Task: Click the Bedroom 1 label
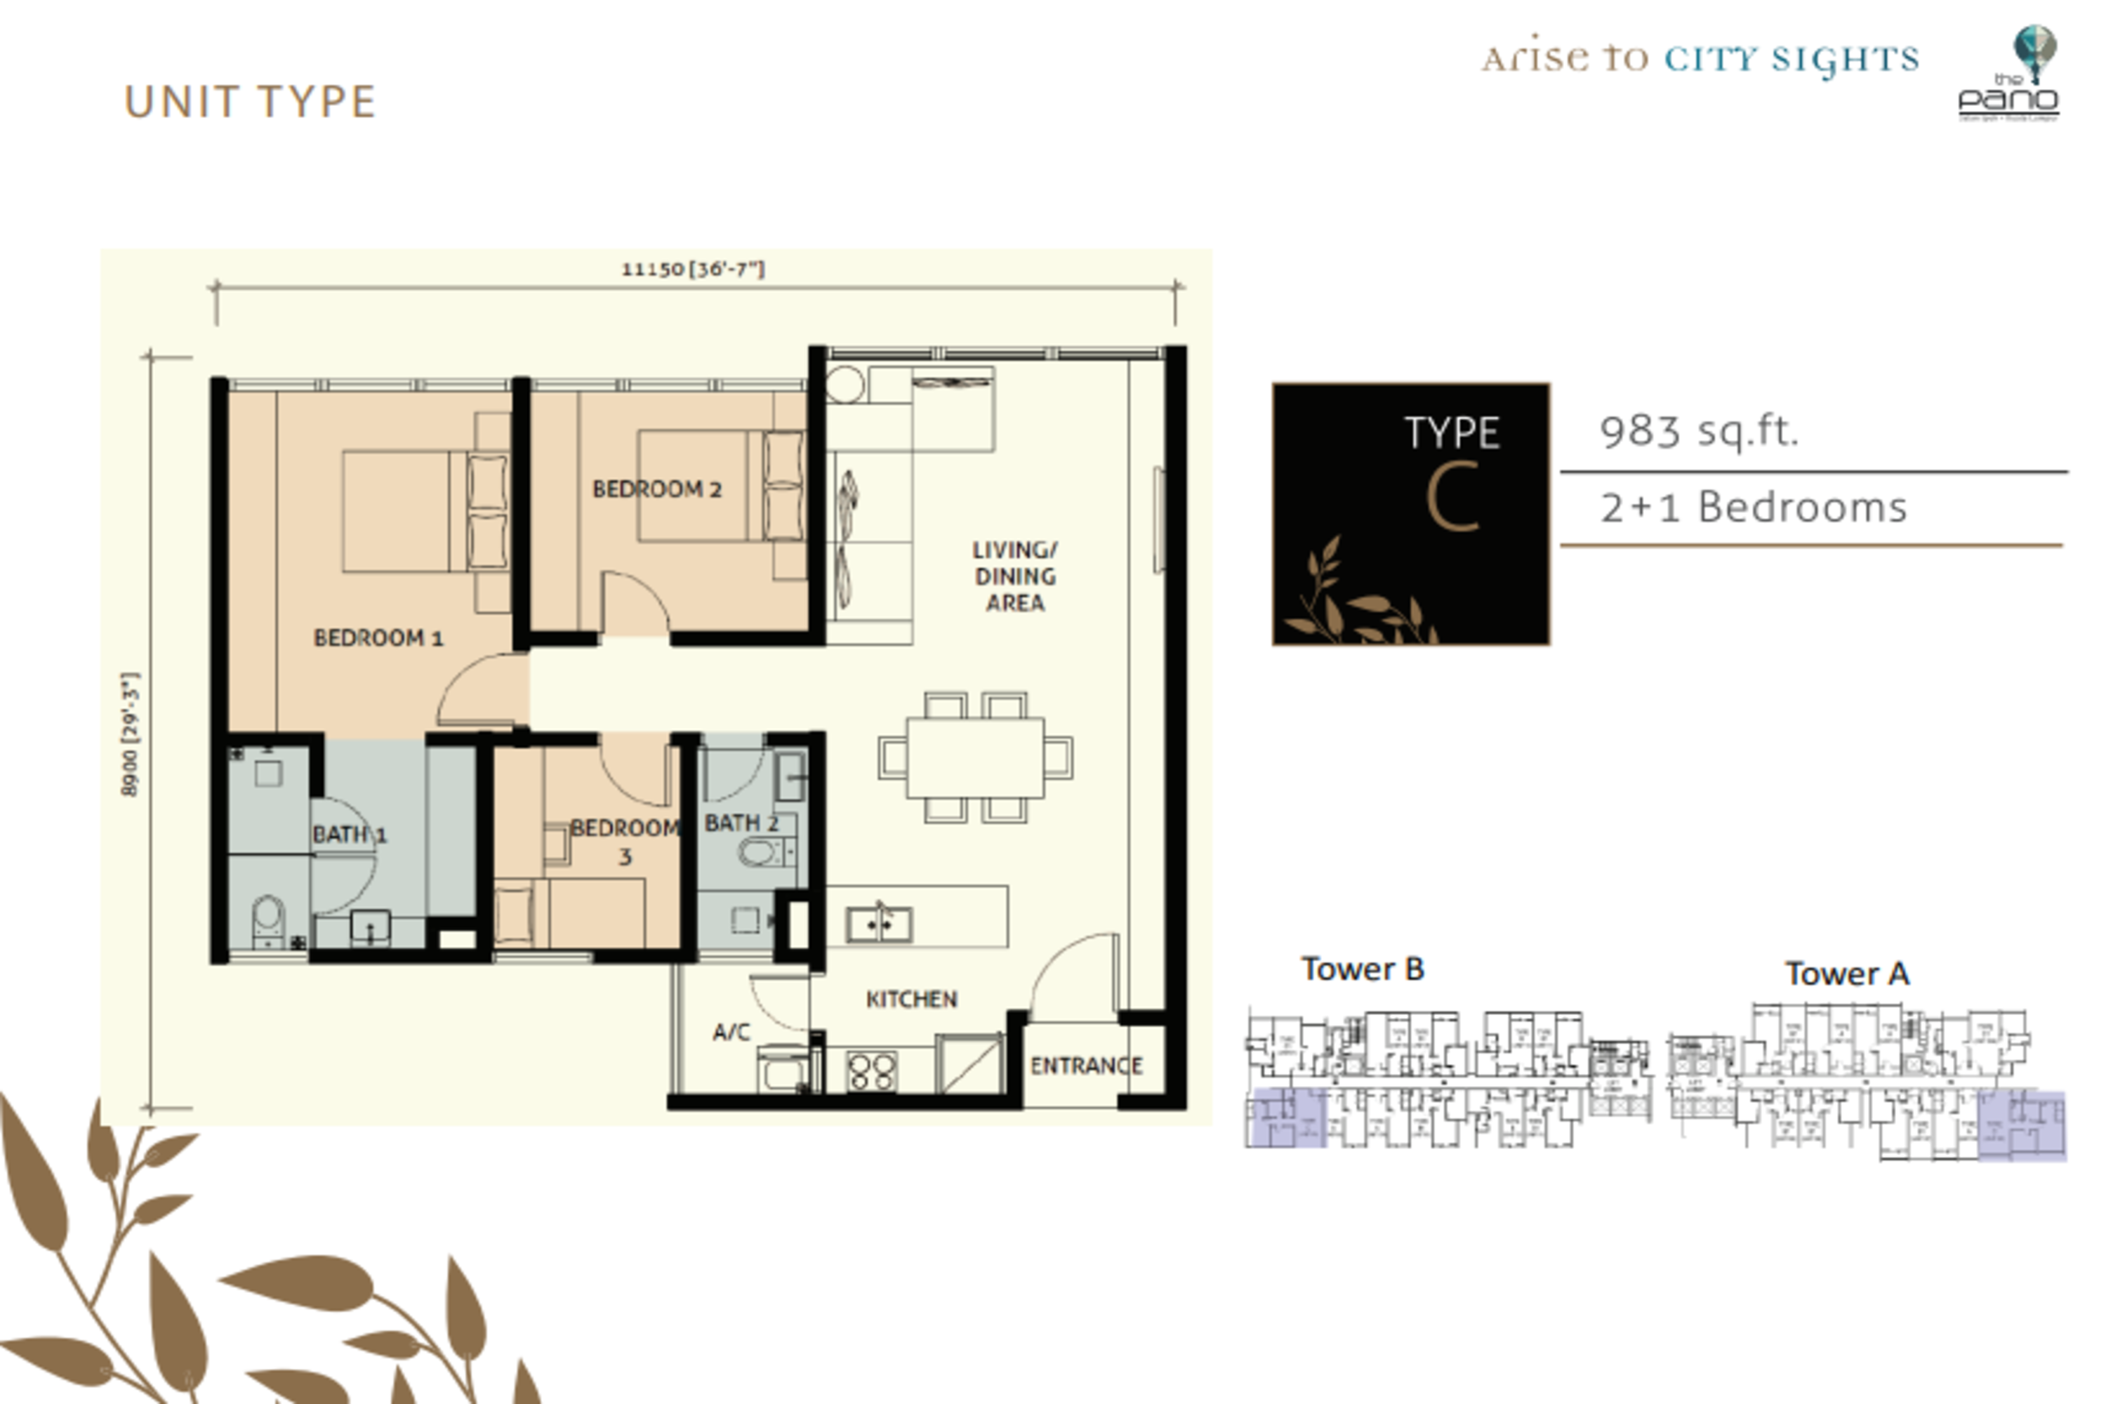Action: pos(378,638)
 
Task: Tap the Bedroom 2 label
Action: pos(656,489)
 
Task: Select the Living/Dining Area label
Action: pos(1014,576)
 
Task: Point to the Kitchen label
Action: pos(911,999)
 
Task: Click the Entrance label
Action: pos(1085,1066)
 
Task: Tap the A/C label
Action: pos(731,1033)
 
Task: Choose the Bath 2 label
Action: pos(741,823)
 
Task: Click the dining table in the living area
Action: pos(975,757)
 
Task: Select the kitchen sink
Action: pos(880,923)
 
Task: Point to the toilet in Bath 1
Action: pos(267,919)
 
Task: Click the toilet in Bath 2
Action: pos(760,852)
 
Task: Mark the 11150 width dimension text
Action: pos(693,269)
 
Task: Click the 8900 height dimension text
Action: pos(131,734)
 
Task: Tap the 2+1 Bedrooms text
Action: pos(1753,508)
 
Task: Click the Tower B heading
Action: pos(1362,969)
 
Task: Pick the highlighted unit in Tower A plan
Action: pos(2021,1125)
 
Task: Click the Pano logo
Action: pos(2008,76)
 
